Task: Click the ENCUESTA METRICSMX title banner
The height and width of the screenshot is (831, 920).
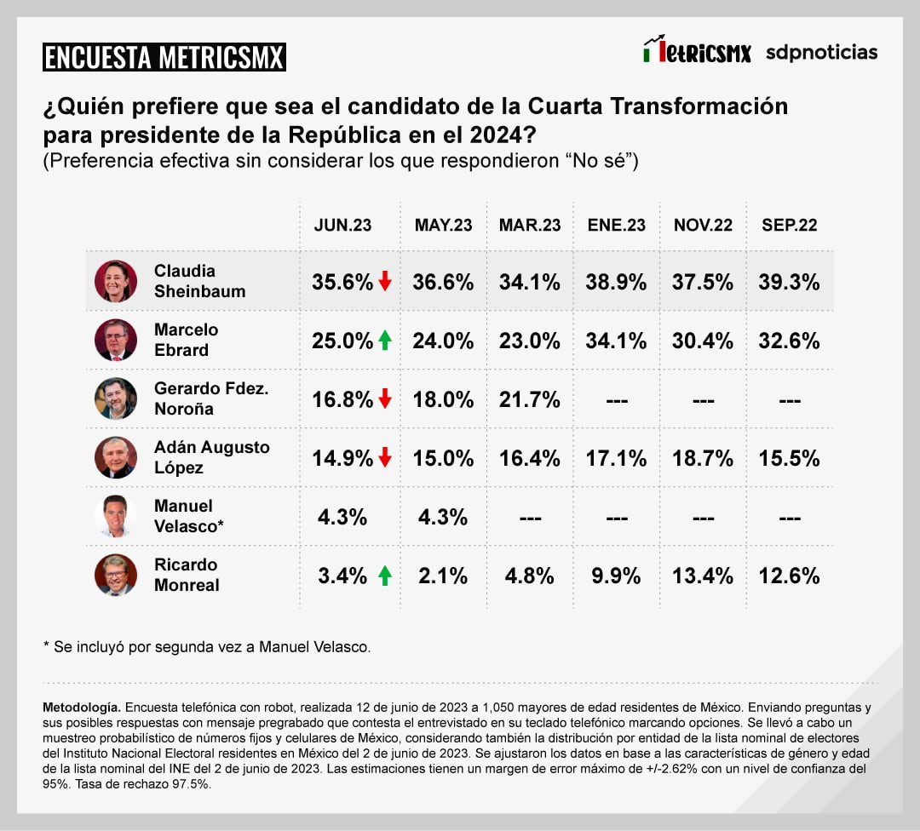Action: coord(164,57)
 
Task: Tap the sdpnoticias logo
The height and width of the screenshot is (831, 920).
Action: coord(821,52)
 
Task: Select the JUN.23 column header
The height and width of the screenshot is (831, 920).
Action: coord(343,225)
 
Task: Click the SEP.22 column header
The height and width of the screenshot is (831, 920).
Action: coord(789,225)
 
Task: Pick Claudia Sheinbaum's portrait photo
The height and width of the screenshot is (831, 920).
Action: coord(116,281)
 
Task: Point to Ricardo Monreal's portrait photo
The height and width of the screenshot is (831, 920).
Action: coord(116,575)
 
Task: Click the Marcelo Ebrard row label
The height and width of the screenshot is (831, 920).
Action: coord(186,340)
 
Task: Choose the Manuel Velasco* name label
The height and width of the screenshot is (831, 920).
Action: coord(188,516)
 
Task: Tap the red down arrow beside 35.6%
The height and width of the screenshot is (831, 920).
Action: coord(385,281)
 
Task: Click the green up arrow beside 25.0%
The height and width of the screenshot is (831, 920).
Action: coord(385,341)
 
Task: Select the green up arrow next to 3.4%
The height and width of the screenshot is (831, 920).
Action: coord(385,576)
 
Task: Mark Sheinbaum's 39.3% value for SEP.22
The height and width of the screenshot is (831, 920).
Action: coord(789,282)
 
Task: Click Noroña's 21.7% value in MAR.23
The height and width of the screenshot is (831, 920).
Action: coord(529,399)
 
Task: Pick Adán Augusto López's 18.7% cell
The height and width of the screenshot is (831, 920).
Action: coord(703,458)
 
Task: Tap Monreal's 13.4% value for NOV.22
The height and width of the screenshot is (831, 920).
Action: coord(703,576)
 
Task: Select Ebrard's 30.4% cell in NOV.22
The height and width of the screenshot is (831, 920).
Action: coord(703,341)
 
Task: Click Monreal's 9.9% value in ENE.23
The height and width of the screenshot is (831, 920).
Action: coord(616,576)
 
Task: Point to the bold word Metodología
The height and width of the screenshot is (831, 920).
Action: coord(82,708)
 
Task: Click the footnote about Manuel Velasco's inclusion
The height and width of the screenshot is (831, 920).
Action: coord(207,647)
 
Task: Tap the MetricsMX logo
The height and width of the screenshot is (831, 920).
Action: coord(698,51)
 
